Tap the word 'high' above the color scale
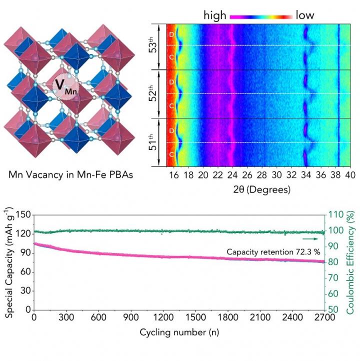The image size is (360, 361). pos(215,15)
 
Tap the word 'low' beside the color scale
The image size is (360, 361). pos(305,15)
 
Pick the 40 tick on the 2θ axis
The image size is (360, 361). pos(349,175)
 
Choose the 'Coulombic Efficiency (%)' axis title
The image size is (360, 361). pos(351,262)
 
